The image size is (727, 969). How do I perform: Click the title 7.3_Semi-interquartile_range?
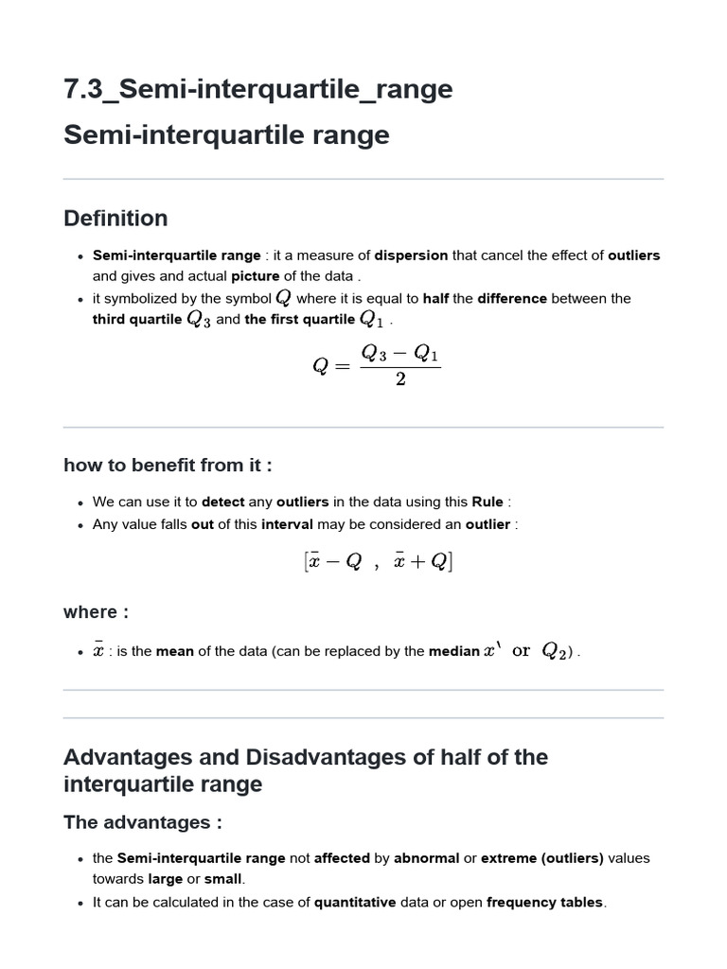(x=257, y=89)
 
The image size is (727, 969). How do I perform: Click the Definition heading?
(x=115, y=219)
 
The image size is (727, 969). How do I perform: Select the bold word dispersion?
(x=411, y=255)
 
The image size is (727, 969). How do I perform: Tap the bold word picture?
(x=256, y=276)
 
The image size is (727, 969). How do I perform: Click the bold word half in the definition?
(x=435, y=298)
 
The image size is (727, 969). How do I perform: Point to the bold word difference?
(x=512, y=298)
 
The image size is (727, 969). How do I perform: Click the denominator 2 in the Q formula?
(x=400, y=380)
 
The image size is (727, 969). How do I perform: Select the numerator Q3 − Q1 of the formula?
(x=400, y=355)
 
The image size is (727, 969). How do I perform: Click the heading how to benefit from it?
(x=168, y=465)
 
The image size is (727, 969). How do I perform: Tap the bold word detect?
(x=223, y=502)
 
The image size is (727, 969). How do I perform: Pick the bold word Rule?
(x=488, y=502)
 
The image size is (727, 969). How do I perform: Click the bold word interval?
(x=287, y=524)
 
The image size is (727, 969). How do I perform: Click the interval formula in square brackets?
(x=379, y=562)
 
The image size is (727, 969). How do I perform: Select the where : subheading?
(x=97, y=612)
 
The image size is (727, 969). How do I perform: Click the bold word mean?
(x=175, y=651)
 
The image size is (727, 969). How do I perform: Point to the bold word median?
(x=454, y=651)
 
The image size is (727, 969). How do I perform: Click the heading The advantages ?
(x=143, y=822)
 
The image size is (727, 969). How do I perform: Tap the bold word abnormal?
(x=427, y=859)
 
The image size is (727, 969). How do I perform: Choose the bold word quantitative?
(x=355, y=903)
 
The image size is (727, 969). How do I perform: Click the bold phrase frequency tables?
(x=544, y=903)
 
